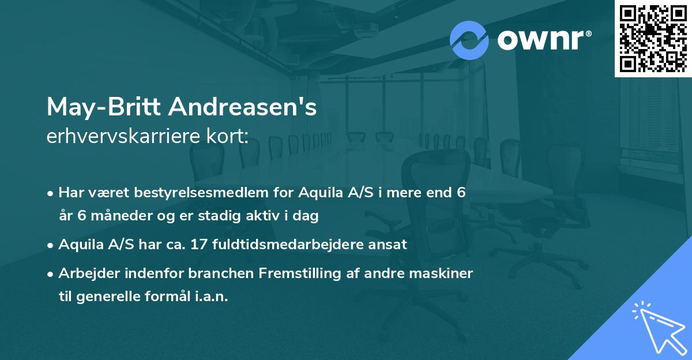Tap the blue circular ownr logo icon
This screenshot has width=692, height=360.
pyautogui.click(x=469, y=40)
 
